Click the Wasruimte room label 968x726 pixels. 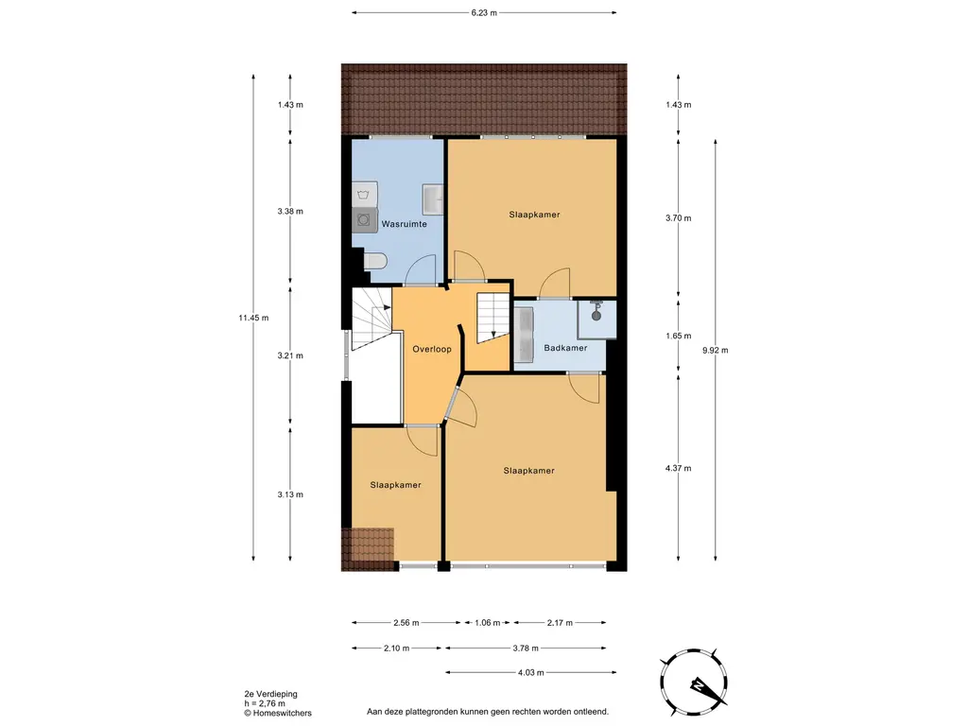404,224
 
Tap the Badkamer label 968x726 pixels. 565,348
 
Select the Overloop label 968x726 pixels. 432,349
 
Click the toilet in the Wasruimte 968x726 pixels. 374,262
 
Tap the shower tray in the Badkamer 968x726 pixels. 597,320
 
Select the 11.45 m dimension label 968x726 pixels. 253,318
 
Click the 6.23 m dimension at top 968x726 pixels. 484,12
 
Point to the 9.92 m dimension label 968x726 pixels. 716,350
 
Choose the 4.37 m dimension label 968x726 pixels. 679,468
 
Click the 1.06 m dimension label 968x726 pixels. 488,622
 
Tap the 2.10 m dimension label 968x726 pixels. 396,648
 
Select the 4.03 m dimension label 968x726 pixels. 531,672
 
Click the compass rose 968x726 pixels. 694,683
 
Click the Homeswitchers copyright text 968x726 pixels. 278,713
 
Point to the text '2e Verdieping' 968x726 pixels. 271,694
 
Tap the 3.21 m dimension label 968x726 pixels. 290,355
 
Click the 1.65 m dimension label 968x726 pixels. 679,336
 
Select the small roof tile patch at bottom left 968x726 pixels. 368,549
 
